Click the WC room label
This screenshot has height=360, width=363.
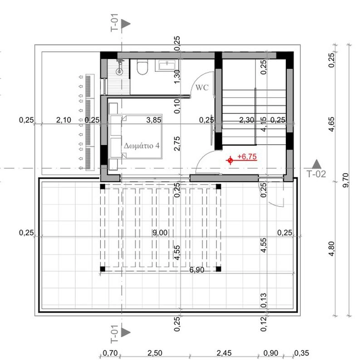[x=202, y=88]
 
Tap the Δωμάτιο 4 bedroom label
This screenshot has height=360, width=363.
[x=142, y=146]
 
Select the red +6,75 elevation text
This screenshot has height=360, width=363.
[x=247, y=156]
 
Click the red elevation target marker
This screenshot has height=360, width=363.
[x=230, y=160]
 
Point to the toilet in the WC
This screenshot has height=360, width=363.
[x=142, y=67]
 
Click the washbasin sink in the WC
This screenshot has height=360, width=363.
[x=167, y=65]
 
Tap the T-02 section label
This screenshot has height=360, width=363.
[x=316, y=174]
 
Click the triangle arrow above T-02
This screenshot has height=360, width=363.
[x=316, y=164]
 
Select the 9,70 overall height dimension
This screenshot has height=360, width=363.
[x=346, y=180]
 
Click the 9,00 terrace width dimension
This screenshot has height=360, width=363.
[x=160, y=233]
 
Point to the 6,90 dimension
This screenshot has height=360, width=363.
[x=197, y=270]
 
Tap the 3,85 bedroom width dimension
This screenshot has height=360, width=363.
[x=154, y=120]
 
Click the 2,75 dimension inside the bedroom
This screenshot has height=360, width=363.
[x=177, y=144]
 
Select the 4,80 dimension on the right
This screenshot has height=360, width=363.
[x=332, y=249]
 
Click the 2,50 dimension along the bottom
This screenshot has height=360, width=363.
[x=155, y=353]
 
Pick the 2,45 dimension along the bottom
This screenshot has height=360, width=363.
[x=224, y=353]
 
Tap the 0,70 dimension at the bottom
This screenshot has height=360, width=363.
[x=110, y=353]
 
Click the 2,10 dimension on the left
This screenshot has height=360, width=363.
[x=64, y=120]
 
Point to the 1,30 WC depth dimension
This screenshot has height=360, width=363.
[x=177, y=77]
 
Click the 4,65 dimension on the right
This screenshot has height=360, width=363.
[x=332, y=125]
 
